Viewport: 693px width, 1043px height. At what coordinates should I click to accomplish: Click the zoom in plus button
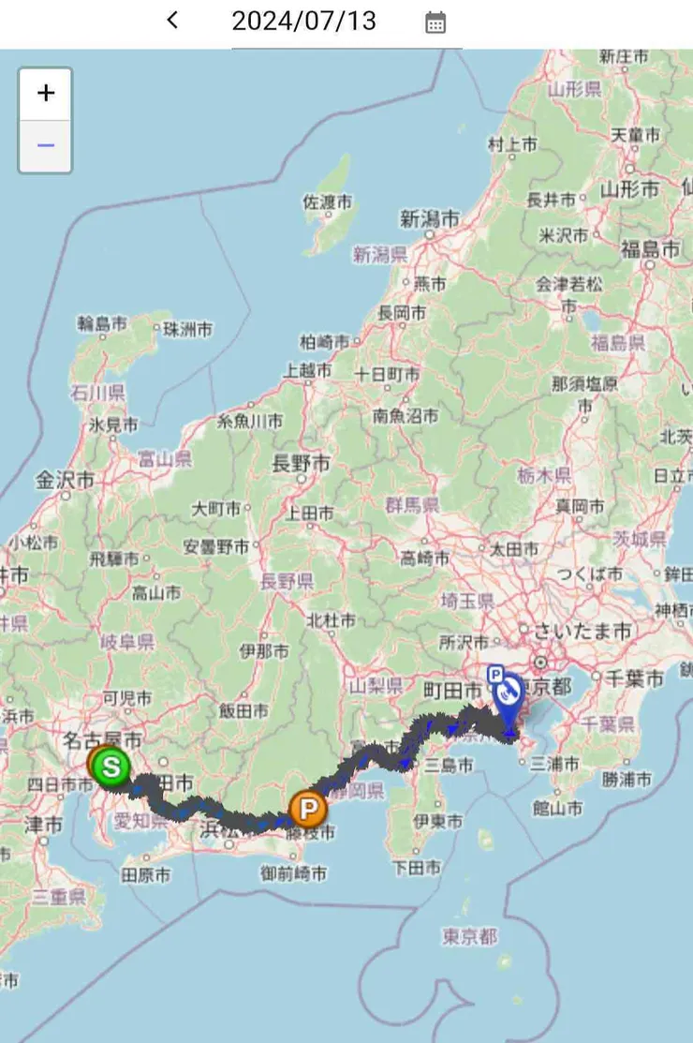[45, 93]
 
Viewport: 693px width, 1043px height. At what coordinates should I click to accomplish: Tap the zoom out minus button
[45, 146]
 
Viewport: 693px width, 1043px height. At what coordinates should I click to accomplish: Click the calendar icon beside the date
[435, 22]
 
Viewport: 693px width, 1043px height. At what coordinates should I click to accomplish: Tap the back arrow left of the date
[172, 20]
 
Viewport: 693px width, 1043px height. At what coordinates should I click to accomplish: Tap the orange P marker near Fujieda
[307, 808]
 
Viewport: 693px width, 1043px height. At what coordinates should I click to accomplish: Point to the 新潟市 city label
[430, 218]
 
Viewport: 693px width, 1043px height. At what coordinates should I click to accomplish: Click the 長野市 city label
[301, 462]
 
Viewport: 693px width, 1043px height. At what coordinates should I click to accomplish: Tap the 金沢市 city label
[66, 480]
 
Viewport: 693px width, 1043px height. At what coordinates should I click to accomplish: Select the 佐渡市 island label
[328, 201]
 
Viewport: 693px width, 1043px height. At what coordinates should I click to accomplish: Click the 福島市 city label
[650, 249]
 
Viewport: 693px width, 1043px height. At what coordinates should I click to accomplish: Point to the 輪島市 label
[102, 324]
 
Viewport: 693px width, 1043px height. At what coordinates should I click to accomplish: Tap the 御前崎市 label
[294, 873]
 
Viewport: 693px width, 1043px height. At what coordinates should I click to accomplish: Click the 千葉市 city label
[634, 677]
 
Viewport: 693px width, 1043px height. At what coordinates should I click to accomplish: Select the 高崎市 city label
[424, 559]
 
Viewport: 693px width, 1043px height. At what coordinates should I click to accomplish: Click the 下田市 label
[417, 868]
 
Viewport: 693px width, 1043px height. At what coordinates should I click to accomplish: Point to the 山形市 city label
[630, 189]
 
